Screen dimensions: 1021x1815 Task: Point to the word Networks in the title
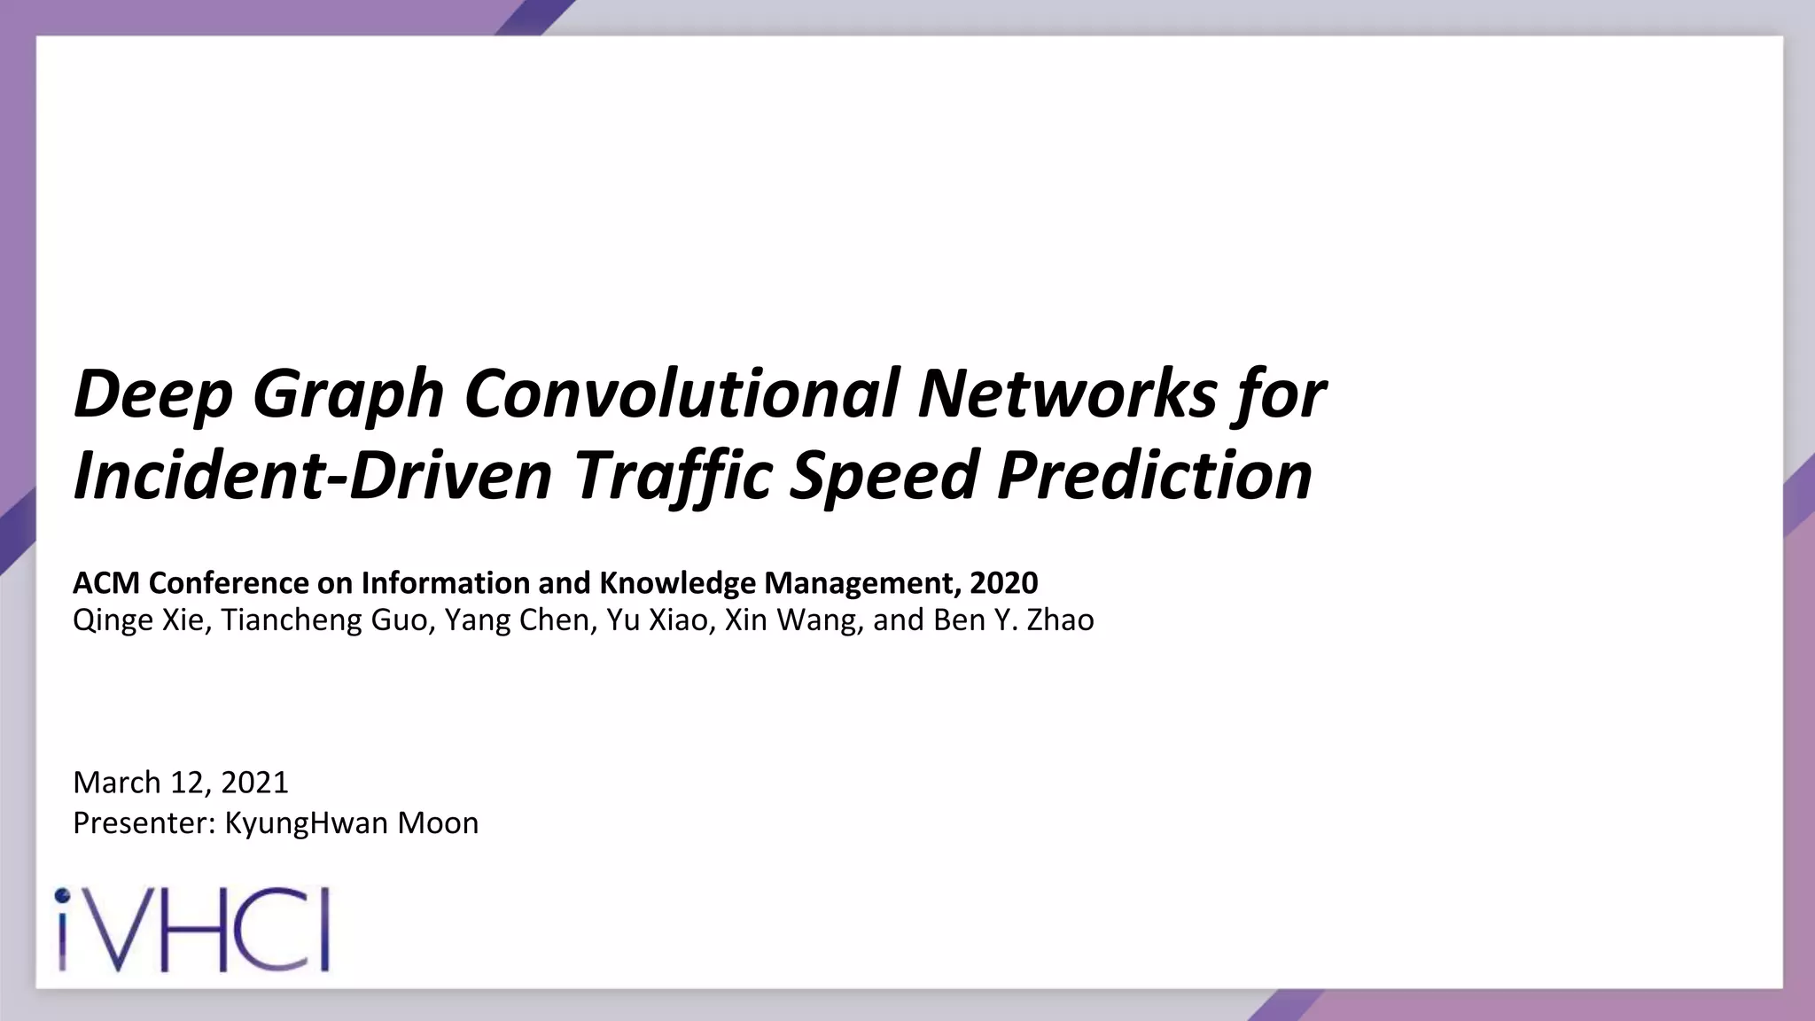click(x=1067, y=393)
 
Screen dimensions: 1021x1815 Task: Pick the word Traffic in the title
click(x=673, y=475)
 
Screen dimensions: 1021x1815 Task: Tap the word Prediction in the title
click(x=1154, y=475)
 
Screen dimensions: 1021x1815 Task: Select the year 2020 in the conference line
click(x=1004, y=583)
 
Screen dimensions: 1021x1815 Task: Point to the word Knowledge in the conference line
click(x=678, y=583)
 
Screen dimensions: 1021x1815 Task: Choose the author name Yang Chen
click(x=517, y=620)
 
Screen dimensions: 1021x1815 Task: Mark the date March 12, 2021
click(x=181, y=783)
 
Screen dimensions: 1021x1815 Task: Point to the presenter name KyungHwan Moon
click(x=352, y=823)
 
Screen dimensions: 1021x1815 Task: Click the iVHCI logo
click(x=192, y=930)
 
